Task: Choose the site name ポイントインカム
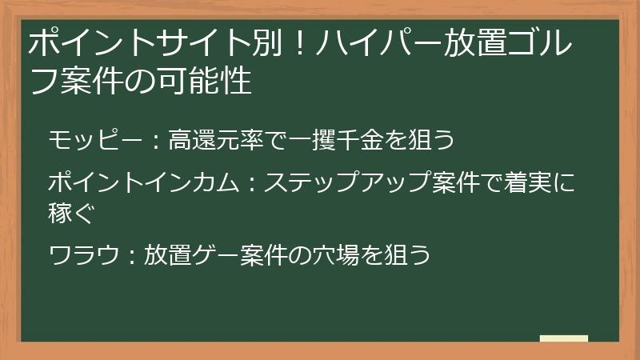pyautogui.click(x=143, y=183)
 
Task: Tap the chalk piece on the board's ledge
pyautogui.click(x=564, y=338)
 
